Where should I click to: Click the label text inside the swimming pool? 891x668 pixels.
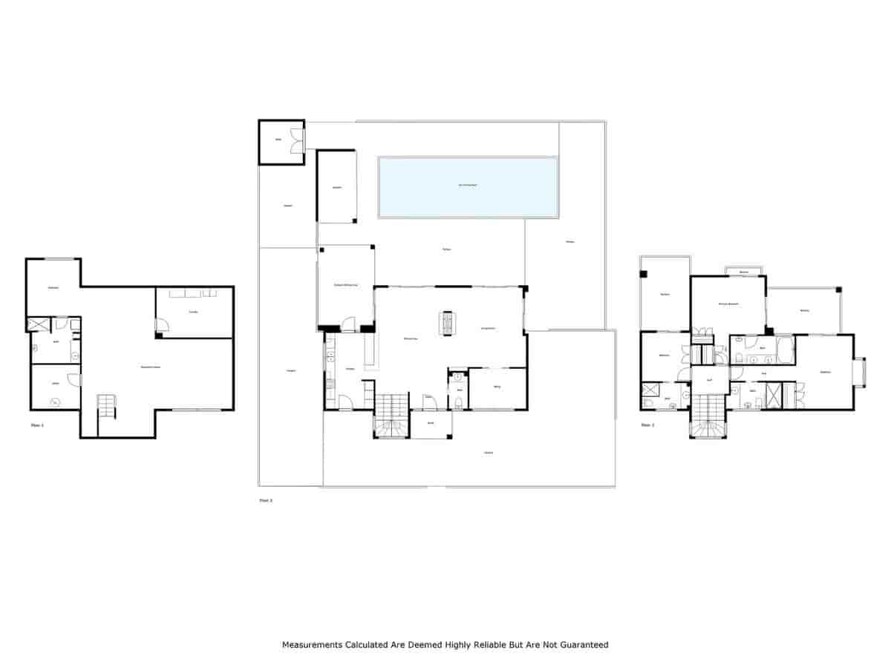pos(468,185)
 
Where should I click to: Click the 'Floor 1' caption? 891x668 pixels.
pos(37,425)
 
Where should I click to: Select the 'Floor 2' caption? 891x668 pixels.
pos(266,501)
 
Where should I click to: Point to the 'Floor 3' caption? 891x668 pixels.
pos(647,425)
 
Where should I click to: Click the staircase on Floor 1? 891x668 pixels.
pos(108,407)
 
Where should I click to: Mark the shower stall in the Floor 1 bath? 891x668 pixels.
pos(37,324)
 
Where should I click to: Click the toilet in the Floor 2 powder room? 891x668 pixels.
pos(460,403)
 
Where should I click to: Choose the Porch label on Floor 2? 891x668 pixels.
pos(430,423)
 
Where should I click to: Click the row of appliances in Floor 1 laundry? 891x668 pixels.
pos(192,294)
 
